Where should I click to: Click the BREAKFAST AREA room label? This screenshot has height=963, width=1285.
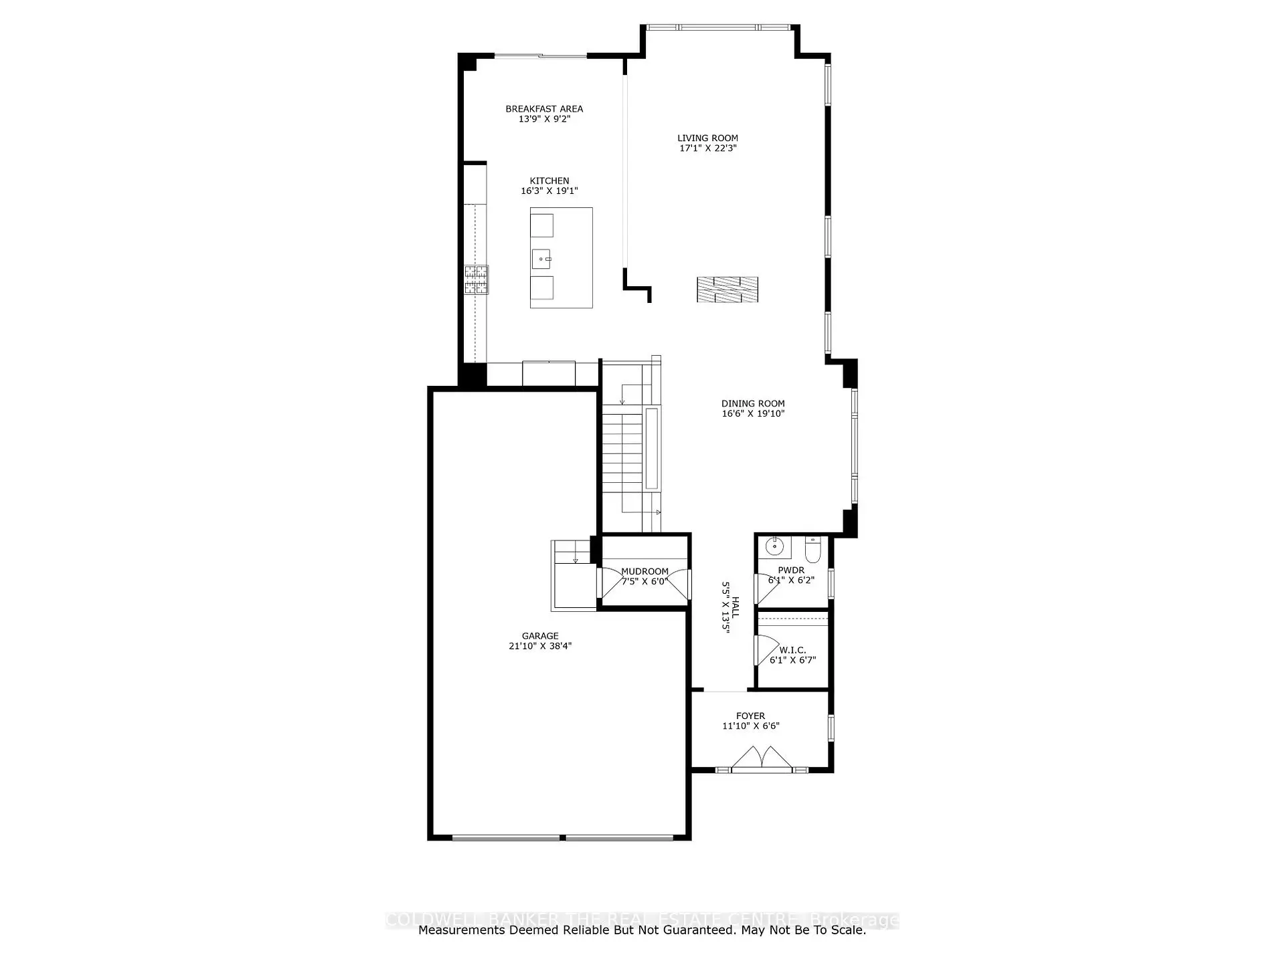coord(544,108)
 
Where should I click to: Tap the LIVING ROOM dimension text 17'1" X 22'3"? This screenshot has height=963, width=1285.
coord(707,148)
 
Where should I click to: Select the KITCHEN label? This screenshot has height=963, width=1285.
coord(549,181)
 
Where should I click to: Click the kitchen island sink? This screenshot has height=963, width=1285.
coord(541,258)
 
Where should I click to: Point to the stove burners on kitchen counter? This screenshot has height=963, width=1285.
coord(477,280)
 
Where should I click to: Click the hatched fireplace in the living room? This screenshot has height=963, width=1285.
coord(727,290)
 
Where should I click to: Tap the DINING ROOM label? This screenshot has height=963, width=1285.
coord(753,403)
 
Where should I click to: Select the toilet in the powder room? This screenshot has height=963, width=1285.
coord(813,551)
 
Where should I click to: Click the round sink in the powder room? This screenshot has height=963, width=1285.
coord(775,546)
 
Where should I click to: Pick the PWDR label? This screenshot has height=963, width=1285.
coord(791,570)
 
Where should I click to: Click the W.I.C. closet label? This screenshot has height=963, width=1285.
coord(792,650)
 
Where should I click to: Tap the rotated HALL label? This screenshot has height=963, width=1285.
coord(736,607)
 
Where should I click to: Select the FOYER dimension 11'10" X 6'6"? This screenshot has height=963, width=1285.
coord(750,726)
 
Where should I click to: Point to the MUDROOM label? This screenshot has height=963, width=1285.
coord(645,571)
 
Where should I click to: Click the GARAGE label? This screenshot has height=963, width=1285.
coord(540,636)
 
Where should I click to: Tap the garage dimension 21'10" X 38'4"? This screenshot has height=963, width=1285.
coord(540,646)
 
